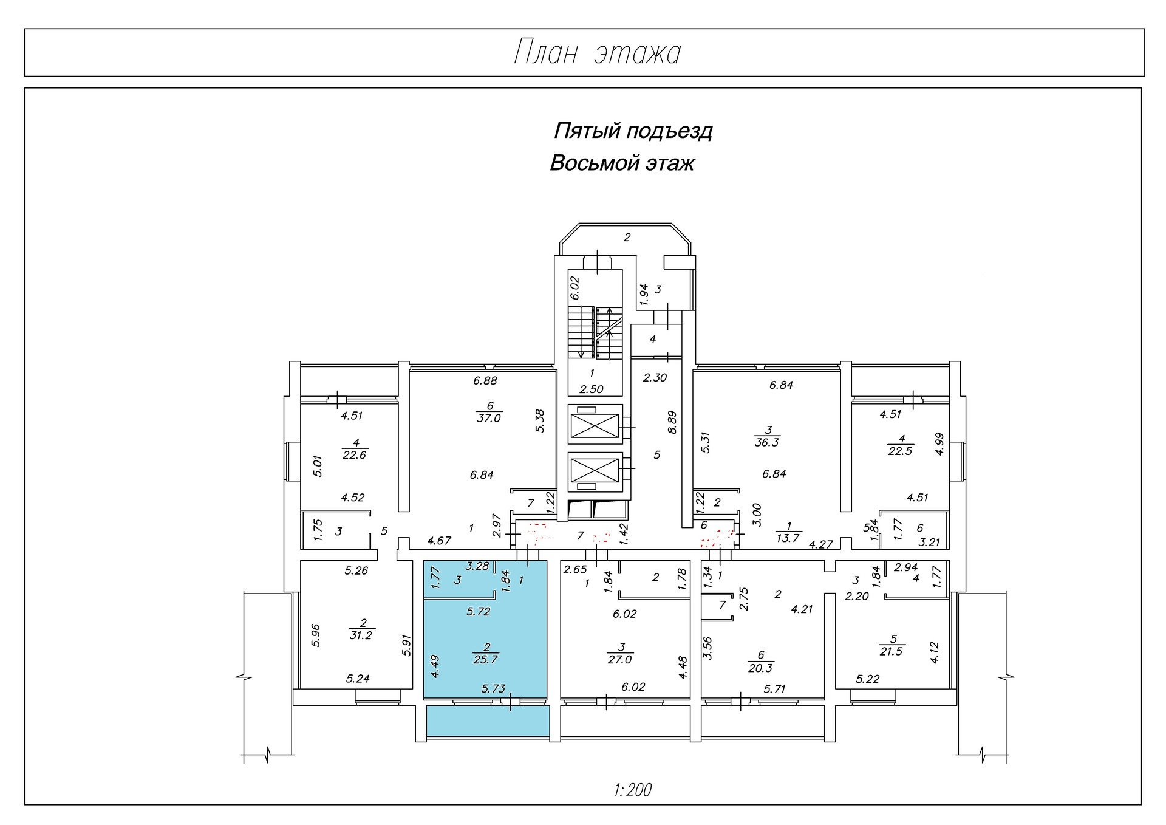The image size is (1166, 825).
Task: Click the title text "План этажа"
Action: (x=598, y=53)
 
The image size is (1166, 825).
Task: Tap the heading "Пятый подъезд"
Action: (x=633, y=131)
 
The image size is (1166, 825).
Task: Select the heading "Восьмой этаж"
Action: (x=622, y=163)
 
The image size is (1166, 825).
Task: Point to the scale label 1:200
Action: (x=632, y=790)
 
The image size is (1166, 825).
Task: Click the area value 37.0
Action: (x=489, y=419)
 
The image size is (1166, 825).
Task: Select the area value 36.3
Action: (x=767, y=443)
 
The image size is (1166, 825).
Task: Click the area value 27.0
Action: (x=619, y=660)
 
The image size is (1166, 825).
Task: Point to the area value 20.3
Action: (x=760, y=668)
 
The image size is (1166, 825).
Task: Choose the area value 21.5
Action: (x=892, y=652)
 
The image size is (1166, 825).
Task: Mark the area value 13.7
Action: (x=788, y=538)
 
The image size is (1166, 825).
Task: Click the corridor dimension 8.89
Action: (x=672, y=422)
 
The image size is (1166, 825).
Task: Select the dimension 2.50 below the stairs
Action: (x=592, y=389)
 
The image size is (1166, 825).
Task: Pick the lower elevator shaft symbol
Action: (x=595, y=471)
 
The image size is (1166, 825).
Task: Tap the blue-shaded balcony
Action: (x=488, y=721)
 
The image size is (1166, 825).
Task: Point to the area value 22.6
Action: (x=354, y=455)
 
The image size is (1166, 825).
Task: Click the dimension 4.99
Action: (x=939, y=443)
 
